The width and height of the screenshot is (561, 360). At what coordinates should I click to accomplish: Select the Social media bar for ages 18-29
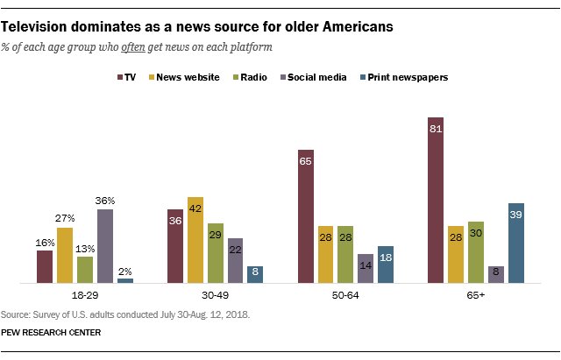pyautogui.click(x=105, y=246)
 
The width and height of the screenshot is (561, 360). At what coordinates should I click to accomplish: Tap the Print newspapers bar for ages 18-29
pyautogui.click(x=125, y=280)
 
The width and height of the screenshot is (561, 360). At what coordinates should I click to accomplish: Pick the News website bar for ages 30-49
pyautogui.click(x=195, y=240)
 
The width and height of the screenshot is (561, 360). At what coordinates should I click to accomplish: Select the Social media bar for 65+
pyautogui.click(x=496, y=274)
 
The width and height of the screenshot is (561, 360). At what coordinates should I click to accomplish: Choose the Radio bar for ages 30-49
pyautogui.click(x=215, y=253)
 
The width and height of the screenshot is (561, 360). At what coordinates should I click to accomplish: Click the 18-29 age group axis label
pyautogui.click(x=85, y=298)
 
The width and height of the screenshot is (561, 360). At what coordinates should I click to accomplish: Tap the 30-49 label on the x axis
pyautogui.click(x=215, y=298)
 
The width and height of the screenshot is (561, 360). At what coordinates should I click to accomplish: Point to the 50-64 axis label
pyautogui.click(x=345, y=298)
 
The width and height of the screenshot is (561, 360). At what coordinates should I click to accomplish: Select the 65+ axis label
pyautogui.click(x=475, y=298)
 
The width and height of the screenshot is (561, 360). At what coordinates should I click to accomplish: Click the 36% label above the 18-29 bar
pyautogui.click(x=105, y=201)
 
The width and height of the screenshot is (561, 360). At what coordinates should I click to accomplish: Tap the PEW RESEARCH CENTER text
pyautogui.click(x=51, y=332)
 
